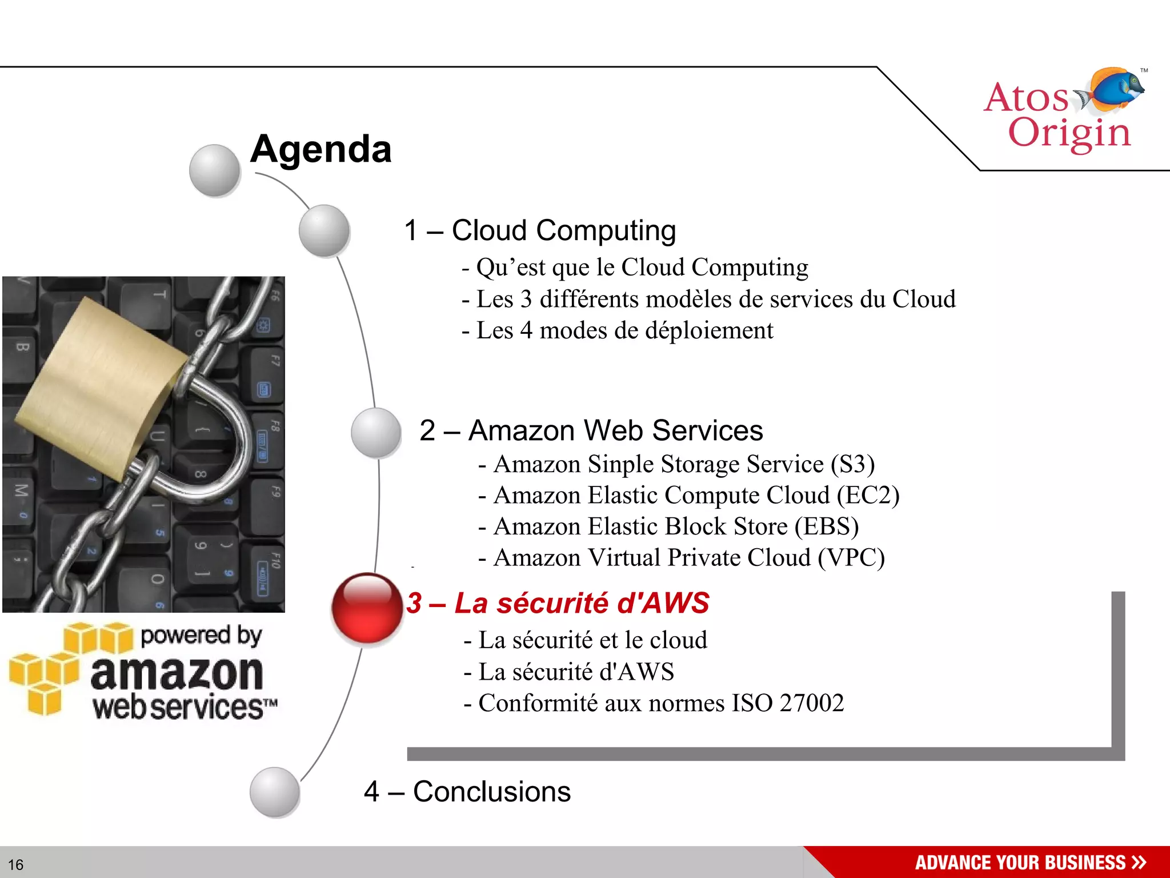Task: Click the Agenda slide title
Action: (320, 149)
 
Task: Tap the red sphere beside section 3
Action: (367, 608)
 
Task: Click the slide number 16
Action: (15, 864)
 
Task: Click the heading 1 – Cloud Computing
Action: (540, 231)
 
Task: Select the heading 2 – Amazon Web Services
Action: (591, 430)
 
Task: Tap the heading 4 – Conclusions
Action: (467, 792)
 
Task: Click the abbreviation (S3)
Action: (852, 464)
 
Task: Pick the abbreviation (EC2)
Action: (868, 495)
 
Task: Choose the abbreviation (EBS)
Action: (827, 526)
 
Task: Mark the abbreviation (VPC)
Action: (851, 558)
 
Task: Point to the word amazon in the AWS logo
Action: (177, 673)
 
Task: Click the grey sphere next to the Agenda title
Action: (214, 170)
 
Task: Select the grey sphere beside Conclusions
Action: (275, 792)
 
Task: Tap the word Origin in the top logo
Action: (1069, 133)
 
